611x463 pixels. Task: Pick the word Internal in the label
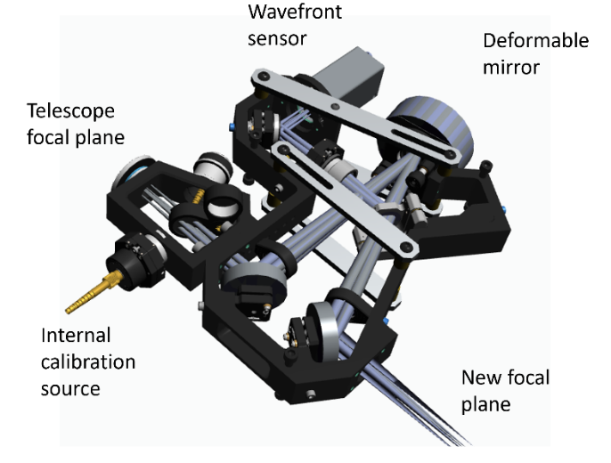(x=76, y=336)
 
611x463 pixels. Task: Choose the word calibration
(x=88, y=362)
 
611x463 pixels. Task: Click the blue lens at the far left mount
(x=132, y=168)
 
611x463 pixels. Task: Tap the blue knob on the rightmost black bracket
(x=504, y=211)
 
